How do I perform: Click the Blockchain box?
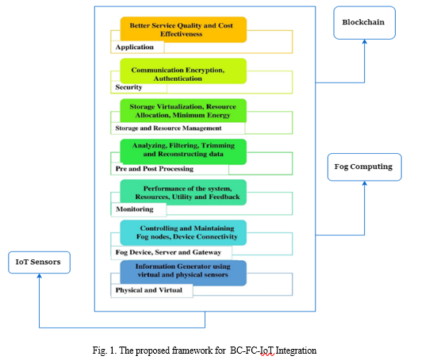coord(364,23)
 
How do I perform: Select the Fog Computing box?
coord(365,167)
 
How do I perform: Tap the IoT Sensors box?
coord(39,262)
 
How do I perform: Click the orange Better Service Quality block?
coord(183,29)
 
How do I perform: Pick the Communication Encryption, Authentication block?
coord(183,71)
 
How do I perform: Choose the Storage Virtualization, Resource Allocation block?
coord(183,111)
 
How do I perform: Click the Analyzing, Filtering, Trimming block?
coord(183,151)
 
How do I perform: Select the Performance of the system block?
coord(183,193)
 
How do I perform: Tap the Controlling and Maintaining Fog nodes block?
coord(183,232)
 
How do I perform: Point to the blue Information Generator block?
coord(183,273)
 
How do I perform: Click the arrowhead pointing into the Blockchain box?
coord(365,41)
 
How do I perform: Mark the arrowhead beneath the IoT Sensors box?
coord(39,276)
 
